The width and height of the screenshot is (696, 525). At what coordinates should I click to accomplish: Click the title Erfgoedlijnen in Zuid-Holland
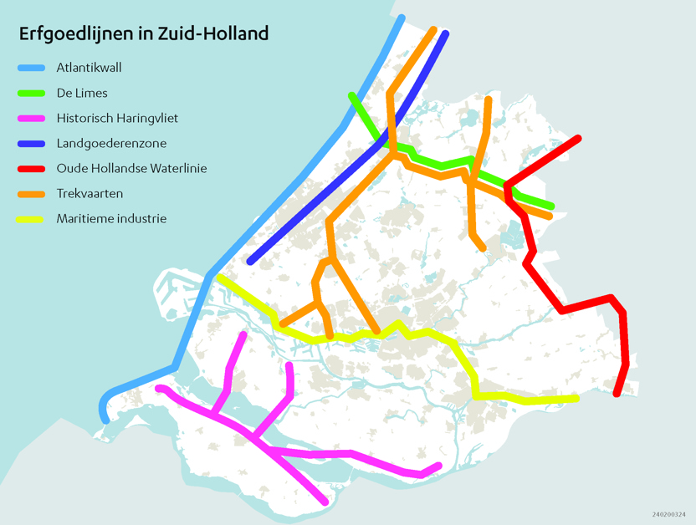click(144, 34)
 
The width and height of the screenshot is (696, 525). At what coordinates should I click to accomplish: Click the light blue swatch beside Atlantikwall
click(32, 68)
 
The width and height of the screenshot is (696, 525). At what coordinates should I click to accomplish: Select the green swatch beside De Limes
click(32, 93)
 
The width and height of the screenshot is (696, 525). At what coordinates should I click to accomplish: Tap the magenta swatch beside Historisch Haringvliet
click(32, 119)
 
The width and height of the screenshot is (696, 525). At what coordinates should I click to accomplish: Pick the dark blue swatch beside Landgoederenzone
click(32, 144)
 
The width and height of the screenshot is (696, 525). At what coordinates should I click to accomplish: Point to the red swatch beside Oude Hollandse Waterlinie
click(32, 169)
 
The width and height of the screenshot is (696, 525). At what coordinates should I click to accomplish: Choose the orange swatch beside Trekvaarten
click(32, 194)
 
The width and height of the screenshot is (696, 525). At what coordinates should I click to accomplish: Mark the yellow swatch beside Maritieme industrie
click(32, 219)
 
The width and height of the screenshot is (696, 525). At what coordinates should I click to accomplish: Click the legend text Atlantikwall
click(90, 68)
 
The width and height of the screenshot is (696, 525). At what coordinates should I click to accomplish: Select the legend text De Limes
click(82, 93)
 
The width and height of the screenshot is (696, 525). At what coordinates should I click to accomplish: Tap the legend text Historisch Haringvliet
click(117, 119)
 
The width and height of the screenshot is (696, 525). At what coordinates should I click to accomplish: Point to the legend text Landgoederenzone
click(111, 144)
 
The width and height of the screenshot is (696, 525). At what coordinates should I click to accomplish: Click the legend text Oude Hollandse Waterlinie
click(131, 169)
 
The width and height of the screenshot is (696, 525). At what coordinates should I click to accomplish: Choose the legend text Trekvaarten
click(90, 194)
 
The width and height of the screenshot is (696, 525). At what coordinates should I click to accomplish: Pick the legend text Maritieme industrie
click(111, 219)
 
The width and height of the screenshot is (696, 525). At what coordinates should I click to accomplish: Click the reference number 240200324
click(668, 515)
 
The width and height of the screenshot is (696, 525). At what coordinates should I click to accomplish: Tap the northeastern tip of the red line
click(577, 138)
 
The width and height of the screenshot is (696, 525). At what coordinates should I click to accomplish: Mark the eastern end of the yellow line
click(576, 398)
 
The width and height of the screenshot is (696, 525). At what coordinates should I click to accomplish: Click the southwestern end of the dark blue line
click(251, 261)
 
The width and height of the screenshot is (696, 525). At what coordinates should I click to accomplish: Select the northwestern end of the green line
click(352, 95)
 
